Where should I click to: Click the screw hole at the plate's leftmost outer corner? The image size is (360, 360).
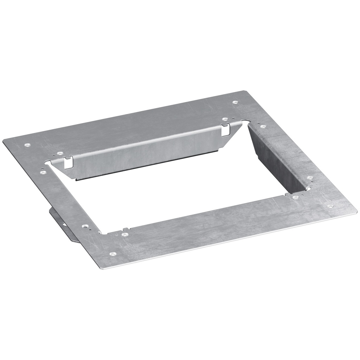[x=27, y=144]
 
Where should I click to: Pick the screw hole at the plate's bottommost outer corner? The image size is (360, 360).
[x=112, y=253]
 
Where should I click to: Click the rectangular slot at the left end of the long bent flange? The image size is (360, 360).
[x=66, y=163]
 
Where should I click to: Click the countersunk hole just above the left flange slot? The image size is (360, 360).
[x=60, y=154]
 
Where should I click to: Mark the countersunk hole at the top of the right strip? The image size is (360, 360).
[x=263, y=126]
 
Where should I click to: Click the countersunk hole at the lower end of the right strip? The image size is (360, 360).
[x=310, y=178]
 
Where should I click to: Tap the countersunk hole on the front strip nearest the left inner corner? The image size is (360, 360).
[x=124, y=233]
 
